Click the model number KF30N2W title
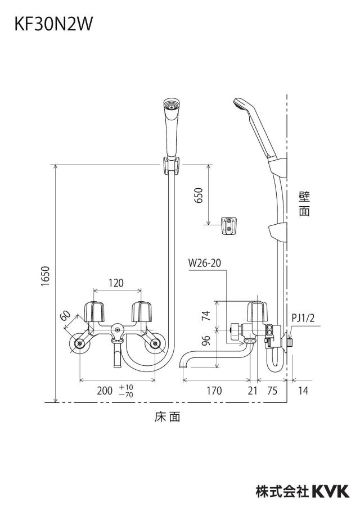tap(53, 24)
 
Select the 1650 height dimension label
tap(46, 276)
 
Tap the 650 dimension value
tap(198, 196)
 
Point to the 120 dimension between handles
tap(116, 283)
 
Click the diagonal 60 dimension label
tap(65, 315)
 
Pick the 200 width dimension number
tap(105, 391)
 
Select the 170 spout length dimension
tap(214, 391)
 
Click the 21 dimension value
tap(253, 391)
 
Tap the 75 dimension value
tap(272, 391)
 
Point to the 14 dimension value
tap(303, 391)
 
